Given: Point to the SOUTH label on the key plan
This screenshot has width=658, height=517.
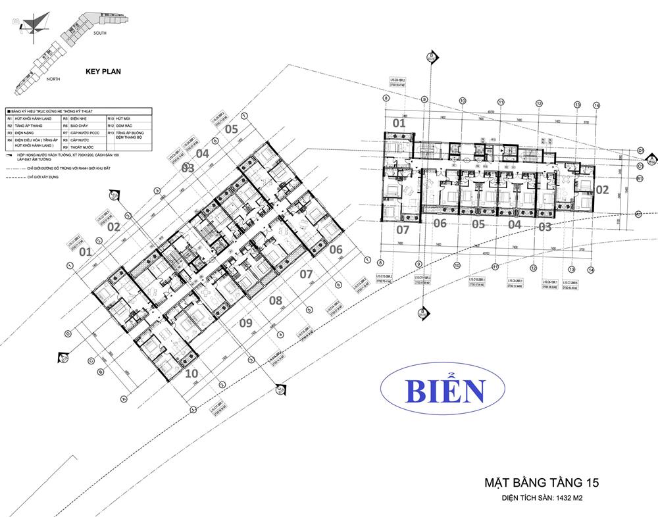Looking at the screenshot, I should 100,32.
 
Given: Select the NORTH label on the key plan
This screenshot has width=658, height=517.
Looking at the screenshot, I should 53,79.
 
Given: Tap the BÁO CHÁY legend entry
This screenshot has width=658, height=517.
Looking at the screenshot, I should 82,125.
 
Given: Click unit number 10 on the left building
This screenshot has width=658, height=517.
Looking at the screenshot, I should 192,372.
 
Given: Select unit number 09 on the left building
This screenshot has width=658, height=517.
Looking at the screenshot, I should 245,323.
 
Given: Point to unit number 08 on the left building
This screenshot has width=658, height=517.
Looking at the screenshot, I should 276,301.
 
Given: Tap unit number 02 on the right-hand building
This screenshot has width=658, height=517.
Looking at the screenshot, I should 601,189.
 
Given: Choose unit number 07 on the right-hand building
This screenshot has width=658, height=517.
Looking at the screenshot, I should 402,230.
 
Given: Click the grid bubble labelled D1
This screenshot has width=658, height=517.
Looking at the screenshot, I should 640,151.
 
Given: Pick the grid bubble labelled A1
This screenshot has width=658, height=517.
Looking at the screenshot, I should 639,214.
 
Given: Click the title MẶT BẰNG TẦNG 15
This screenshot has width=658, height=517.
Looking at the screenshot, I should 541,483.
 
